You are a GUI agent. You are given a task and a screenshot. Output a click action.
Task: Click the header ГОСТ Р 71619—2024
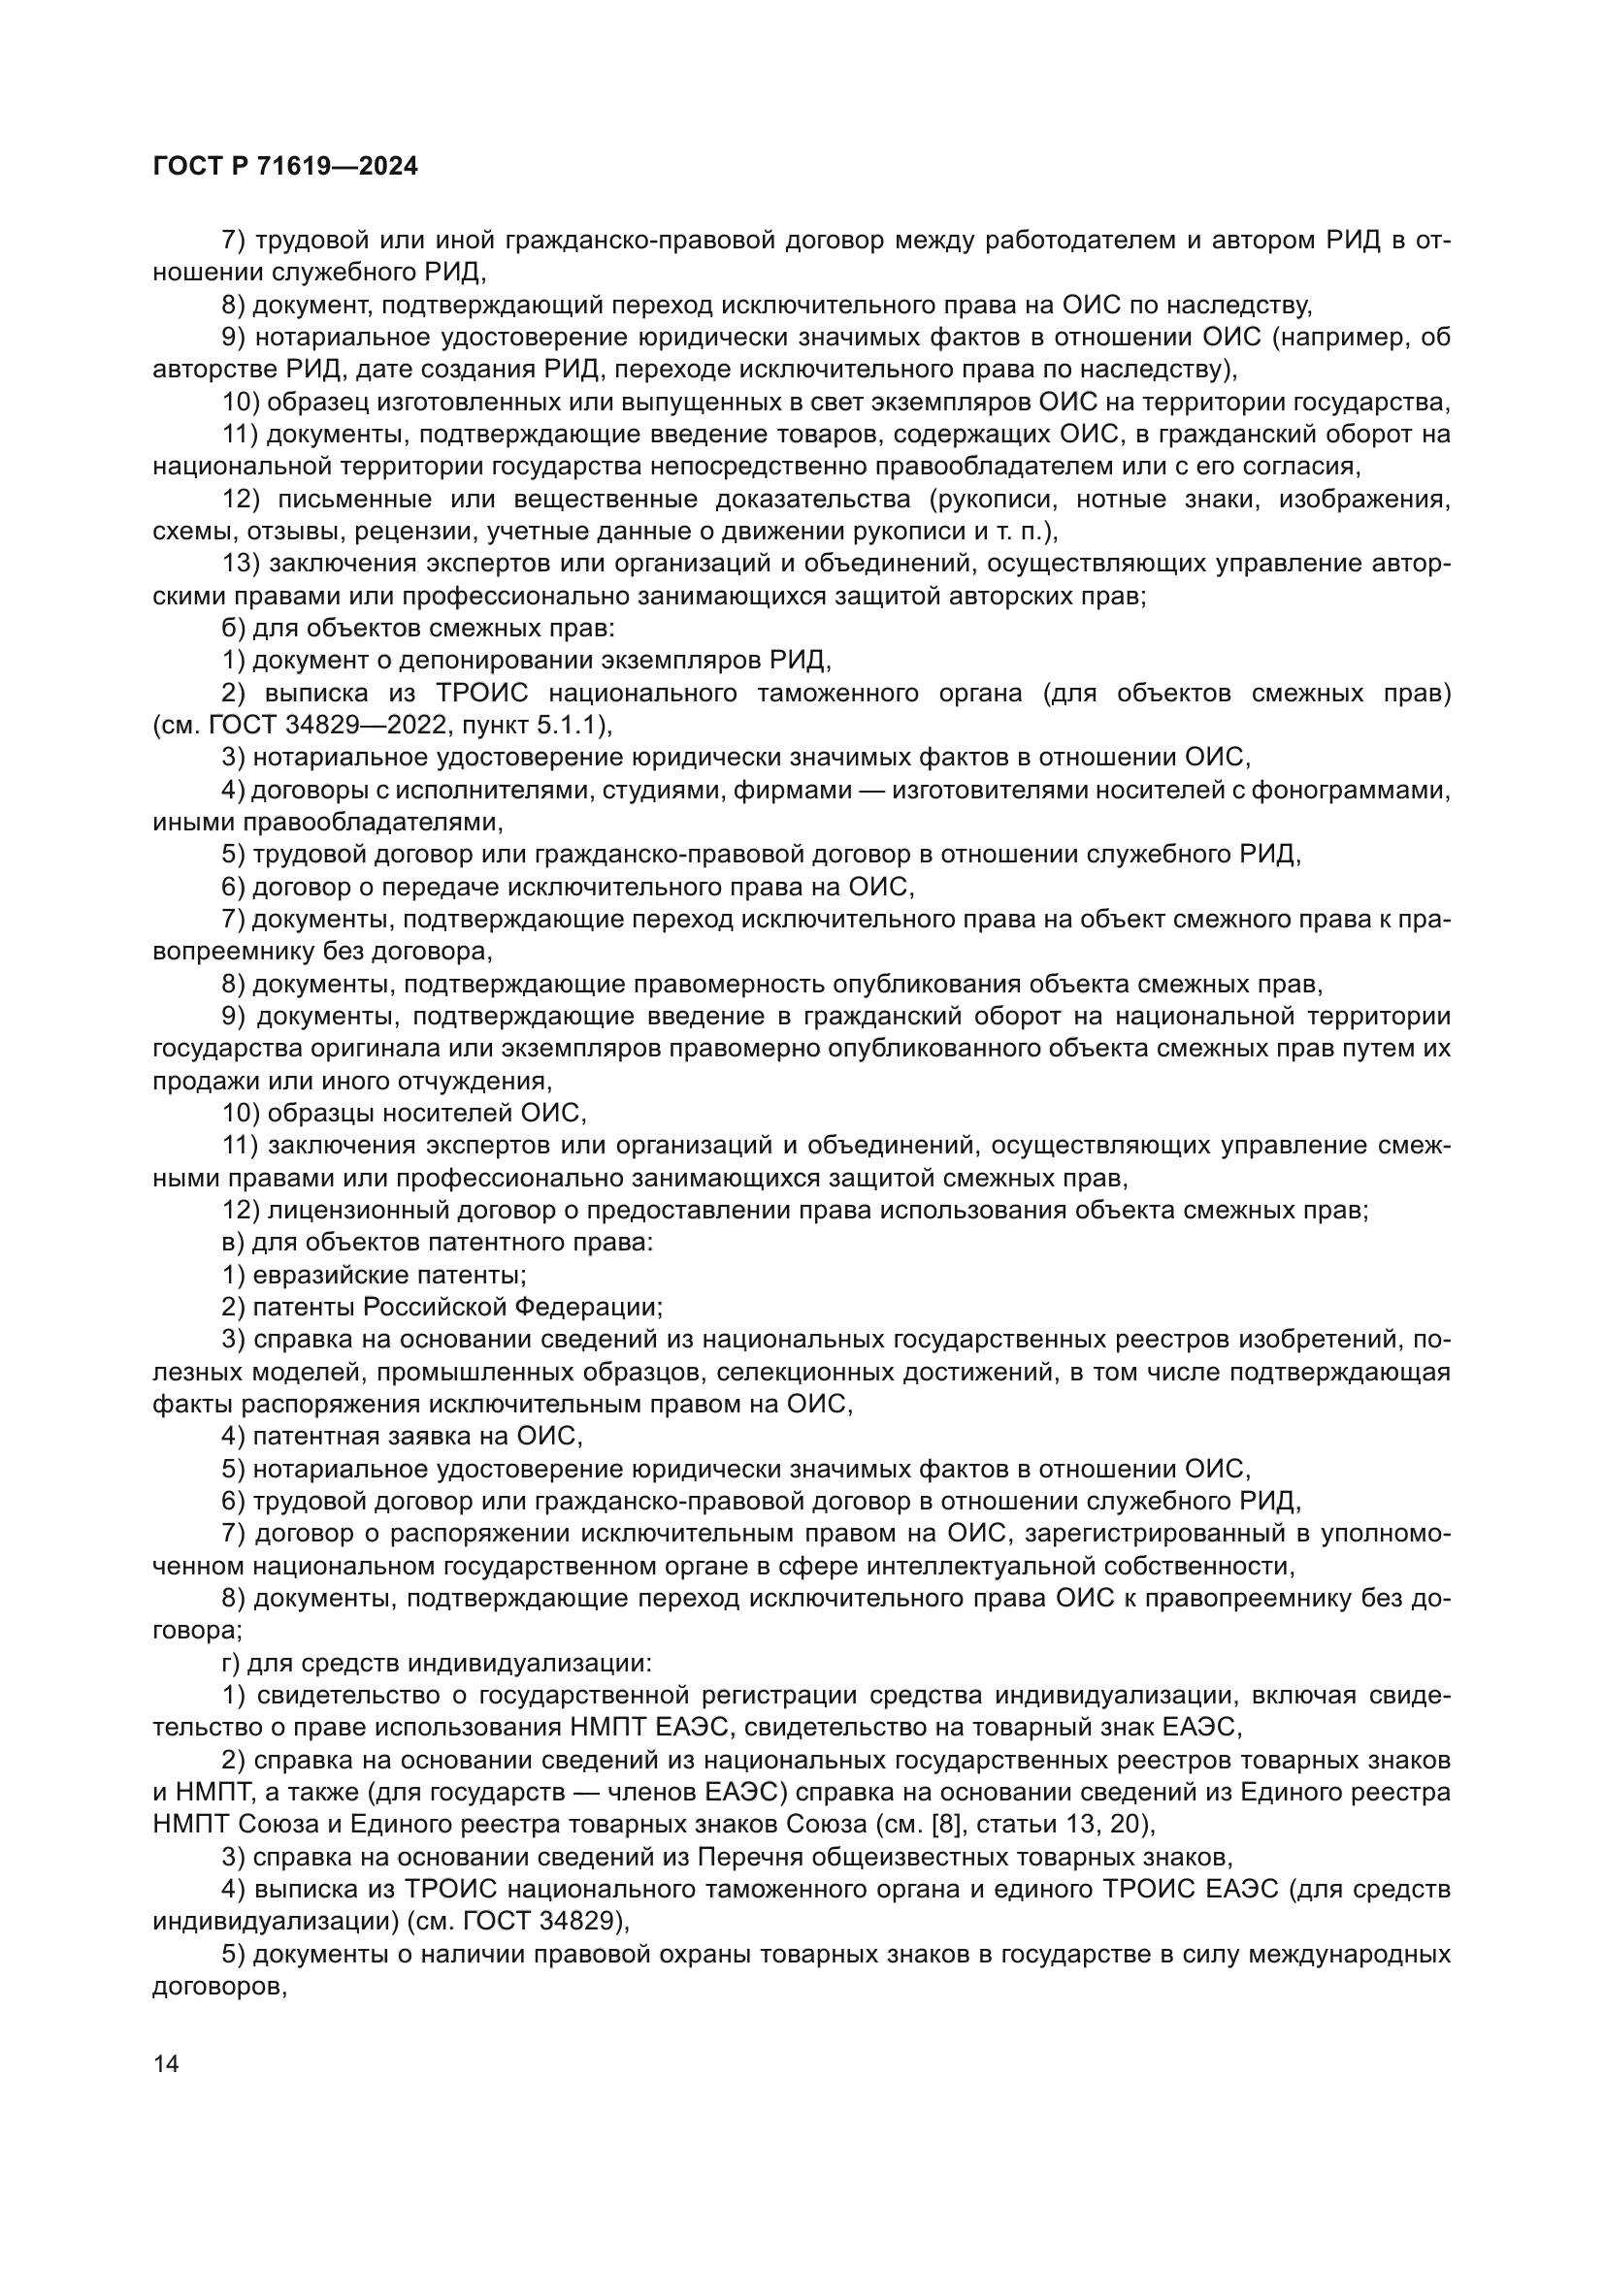click(x=285, y=167)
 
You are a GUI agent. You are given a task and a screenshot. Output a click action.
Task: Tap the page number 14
click(x=166, y=2063)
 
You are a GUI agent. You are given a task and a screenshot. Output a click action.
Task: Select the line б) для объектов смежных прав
click(x=419, y=629)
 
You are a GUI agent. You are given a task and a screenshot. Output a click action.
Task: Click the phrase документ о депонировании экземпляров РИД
click(x=541, y=662)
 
